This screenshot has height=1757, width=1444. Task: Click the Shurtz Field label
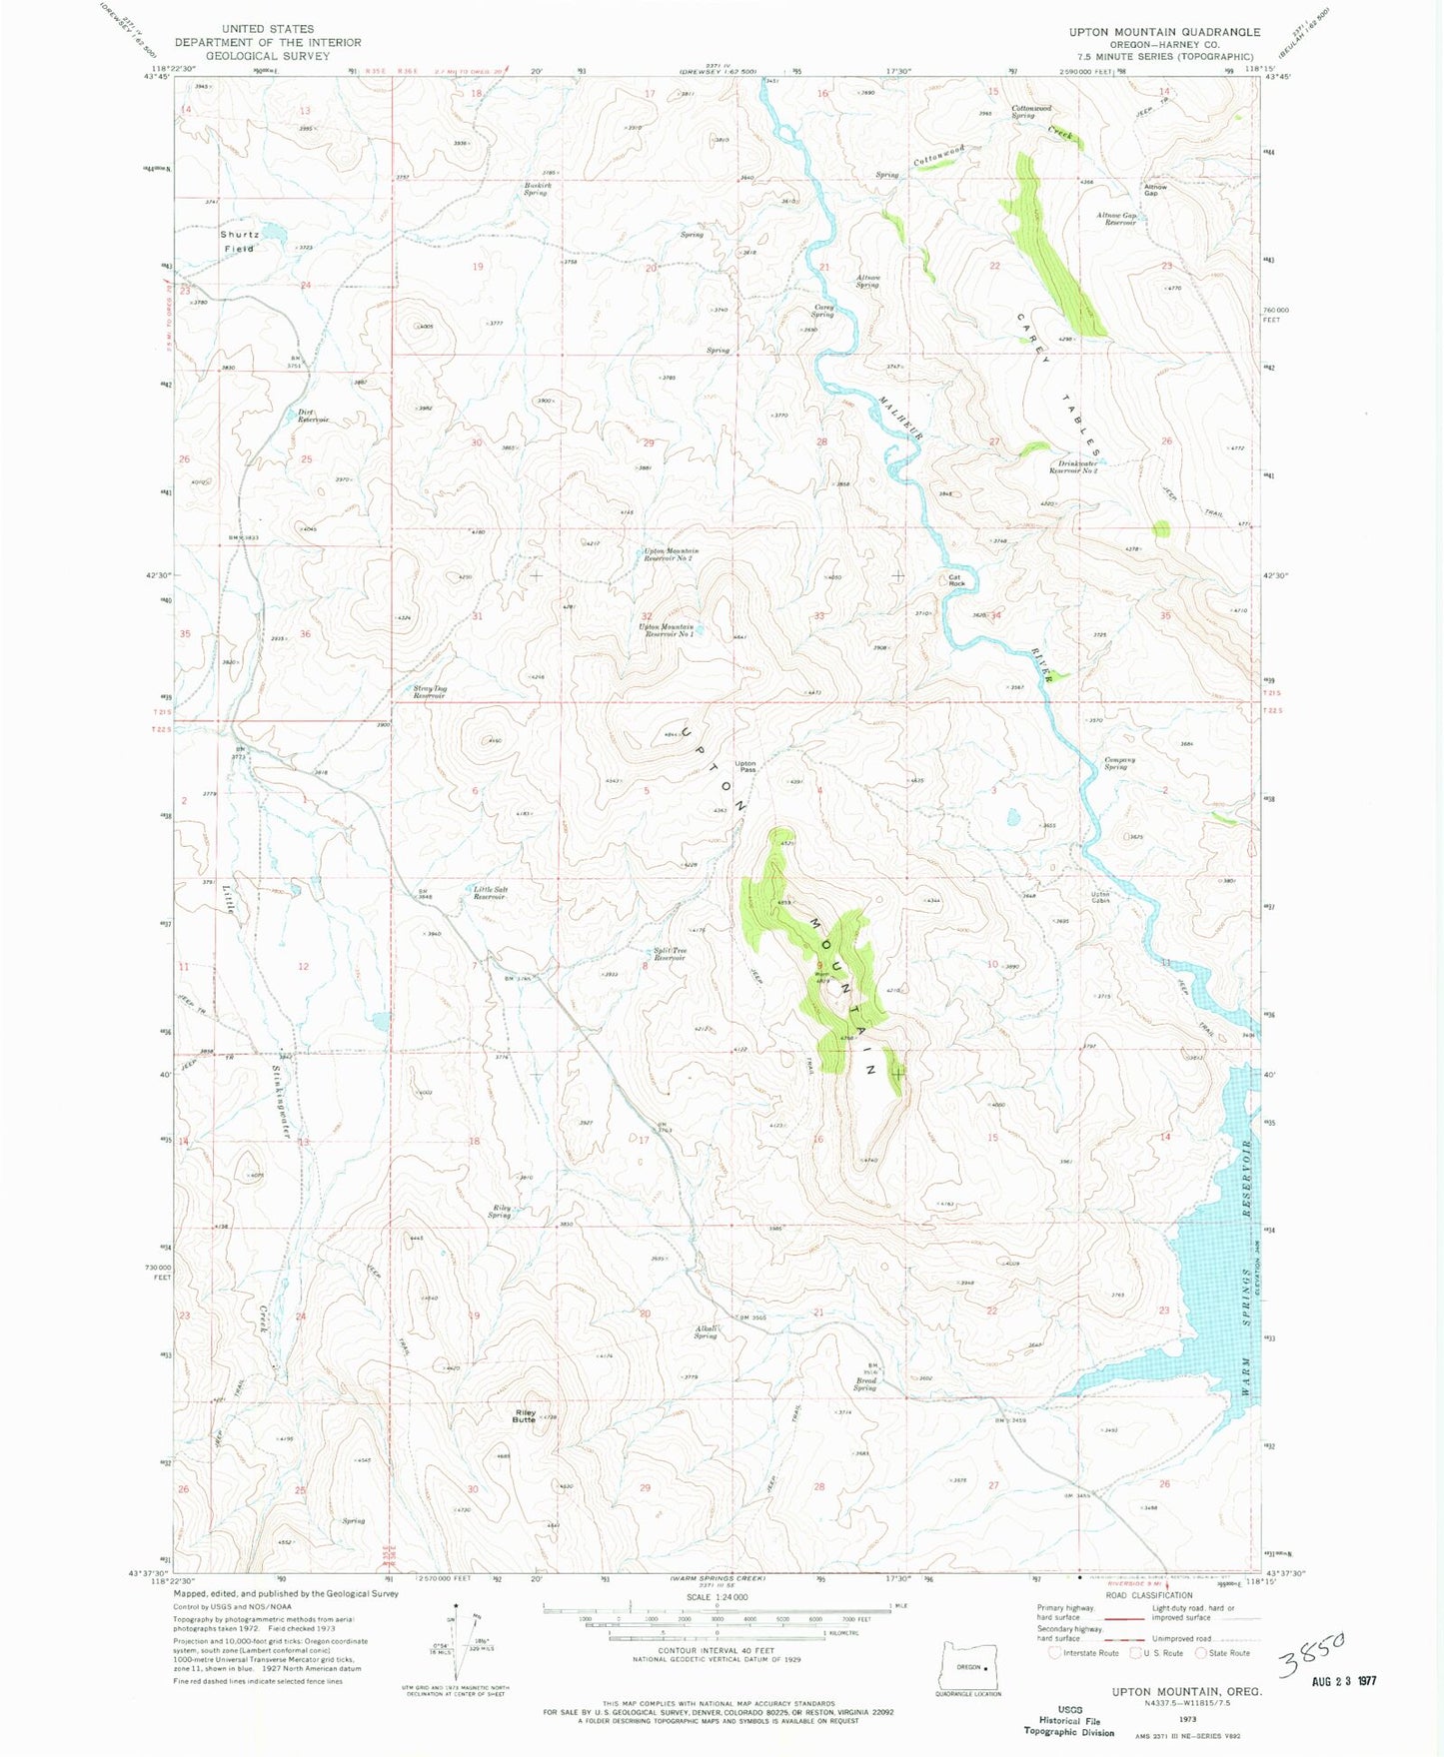(x=240, y=241)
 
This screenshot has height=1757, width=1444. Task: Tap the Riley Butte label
(x=525, y=1416)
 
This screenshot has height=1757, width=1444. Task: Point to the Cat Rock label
(x=955, y=579)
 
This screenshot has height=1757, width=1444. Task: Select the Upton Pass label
(x=745, y=766)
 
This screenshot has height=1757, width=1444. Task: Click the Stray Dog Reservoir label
(x=429, y=691)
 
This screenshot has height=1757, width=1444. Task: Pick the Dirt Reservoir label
(x=312, y=417)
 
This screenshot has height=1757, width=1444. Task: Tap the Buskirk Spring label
(x=537, y=188)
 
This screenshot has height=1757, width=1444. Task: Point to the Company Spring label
(x=1119, y=763)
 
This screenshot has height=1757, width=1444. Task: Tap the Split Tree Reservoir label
(x=670, y=954)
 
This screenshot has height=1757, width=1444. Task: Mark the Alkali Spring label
(x=706, y=1331)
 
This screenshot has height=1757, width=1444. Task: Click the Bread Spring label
(x=864, y=1384)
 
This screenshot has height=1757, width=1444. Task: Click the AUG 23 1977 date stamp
(x=1344, y=1680)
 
